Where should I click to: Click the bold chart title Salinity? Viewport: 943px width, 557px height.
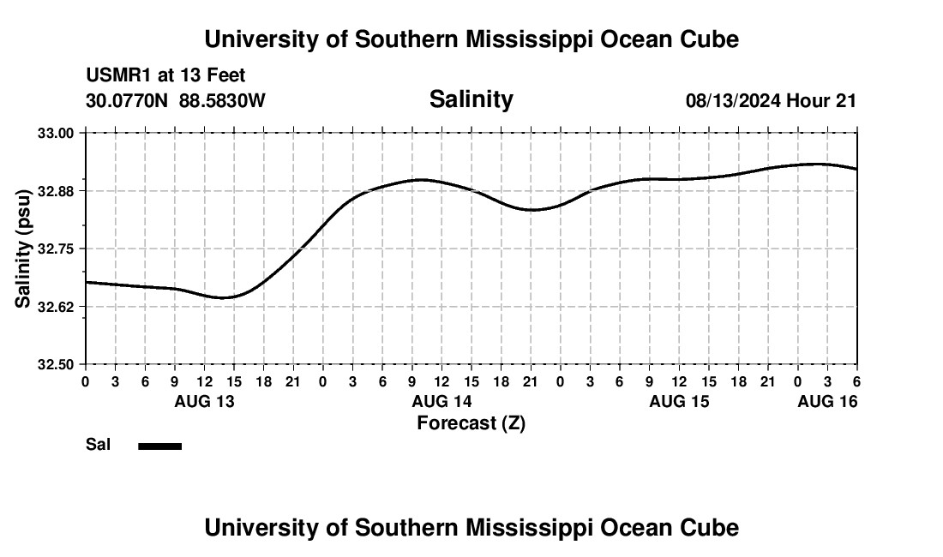(x=471, y=99)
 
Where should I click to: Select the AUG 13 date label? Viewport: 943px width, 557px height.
(x=204, y=401)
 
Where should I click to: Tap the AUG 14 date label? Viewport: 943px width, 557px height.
(x=441, y=401)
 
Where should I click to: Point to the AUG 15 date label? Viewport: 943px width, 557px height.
(x=679, y=401)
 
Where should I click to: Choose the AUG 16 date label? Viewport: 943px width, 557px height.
(x=827, y=401)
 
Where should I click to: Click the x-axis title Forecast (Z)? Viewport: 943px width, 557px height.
(x=471, y=422)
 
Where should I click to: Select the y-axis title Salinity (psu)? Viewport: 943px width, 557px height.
(x=23, y=249)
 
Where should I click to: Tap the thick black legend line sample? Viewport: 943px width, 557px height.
(x=160, y=446)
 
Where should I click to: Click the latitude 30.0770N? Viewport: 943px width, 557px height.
(x=128, y=101)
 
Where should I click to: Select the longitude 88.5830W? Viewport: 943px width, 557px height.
(x=222, y=101)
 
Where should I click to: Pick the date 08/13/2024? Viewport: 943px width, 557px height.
(x=733, y=101)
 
